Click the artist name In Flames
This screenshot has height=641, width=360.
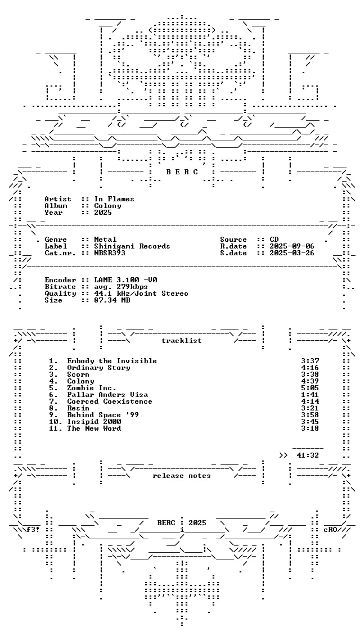click(114, 199)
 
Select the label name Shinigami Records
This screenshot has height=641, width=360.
click(132, 246)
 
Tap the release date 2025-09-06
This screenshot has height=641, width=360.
click(292, 246)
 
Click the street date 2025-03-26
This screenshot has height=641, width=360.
click(292, 253)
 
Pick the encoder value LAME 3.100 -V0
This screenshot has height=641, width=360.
click(125, 280)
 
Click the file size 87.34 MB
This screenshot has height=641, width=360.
click(112, 300)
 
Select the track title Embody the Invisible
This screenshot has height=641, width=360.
click(112, 361)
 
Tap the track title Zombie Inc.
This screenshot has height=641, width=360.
click(92, 388)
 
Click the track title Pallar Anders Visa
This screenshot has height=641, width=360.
click(107, 395)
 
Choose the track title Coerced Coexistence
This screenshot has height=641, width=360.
click(110, 401)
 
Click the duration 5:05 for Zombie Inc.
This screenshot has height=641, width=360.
click(310, 388)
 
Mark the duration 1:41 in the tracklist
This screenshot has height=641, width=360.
click(310, 395)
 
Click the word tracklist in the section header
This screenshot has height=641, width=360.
click(182, 341)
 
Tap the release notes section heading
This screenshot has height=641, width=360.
click(182, 476)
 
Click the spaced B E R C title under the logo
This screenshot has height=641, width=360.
click(182, 172)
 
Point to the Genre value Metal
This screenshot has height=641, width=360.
click(105, 240)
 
